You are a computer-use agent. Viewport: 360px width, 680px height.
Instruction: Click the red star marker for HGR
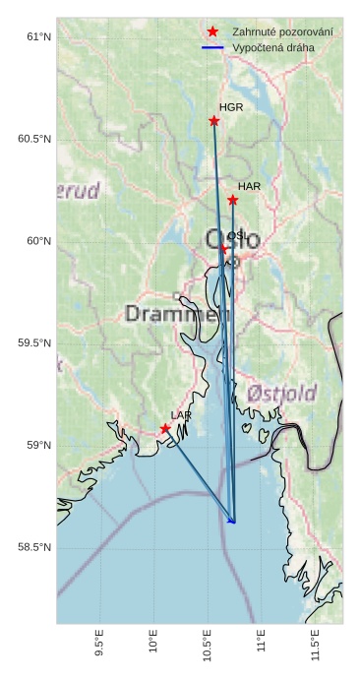point(214,121)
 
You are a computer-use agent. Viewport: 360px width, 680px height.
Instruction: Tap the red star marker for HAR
point(233,201)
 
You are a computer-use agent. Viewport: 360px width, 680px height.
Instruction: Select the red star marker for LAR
point(165,428)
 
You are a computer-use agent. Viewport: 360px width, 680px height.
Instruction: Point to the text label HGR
point(231,107)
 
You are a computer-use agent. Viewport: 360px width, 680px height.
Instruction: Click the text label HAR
point(249,186)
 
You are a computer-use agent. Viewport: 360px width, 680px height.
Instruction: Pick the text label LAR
point(181,415)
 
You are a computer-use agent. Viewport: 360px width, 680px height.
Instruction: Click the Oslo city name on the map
point(232,239)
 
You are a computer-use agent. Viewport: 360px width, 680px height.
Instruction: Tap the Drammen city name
point(171,314)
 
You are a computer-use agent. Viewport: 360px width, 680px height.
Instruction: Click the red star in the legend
point(212,32)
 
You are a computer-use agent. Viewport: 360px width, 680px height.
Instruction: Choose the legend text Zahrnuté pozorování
point(282,32)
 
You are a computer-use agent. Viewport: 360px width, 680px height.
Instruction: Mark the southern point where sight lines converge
point(233,522)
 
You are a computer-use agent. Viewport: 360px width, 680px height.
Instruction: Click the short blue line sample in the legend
point(212,47)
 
